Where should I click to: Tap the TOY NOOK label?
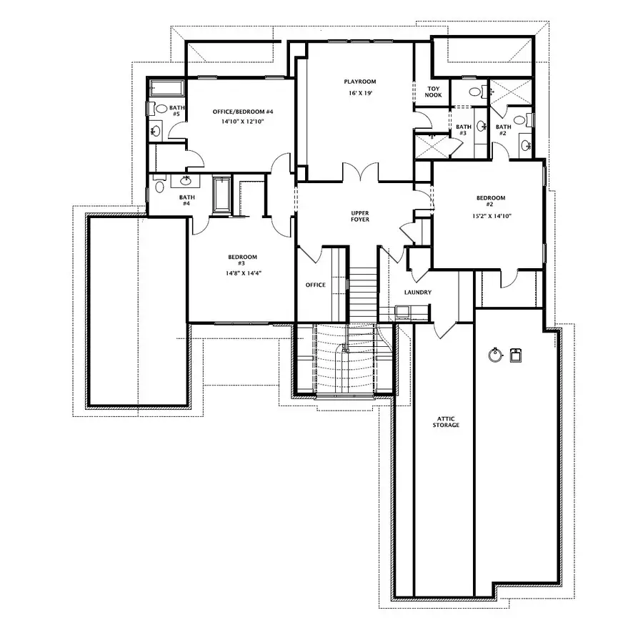click(x=434, y=91)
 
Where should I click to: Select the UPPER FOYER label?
click(x=359, y=217)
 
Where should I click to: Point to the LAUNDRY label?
click(x=417, y=292)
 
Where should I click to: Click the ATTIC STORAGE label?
click(x=446, y=421)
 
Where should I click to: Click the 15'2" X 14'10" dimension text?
click(x=491, y=215)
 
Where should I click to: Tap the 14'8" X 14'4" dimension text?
click(x=242, y=273)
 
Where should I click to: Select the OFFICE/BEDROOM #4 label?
click(x=244, y=112)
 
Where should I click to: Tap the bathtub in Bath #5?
click(x=167, y=89)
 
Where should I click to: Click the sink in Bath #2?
click(x=527, y=145)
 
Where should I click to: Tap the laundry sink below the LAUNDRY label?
click(x=402, y=311)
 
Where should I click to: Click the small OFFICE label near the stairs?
click(x=315, y=285)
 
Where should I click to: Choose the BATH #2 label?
click(x=504, y=130)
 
